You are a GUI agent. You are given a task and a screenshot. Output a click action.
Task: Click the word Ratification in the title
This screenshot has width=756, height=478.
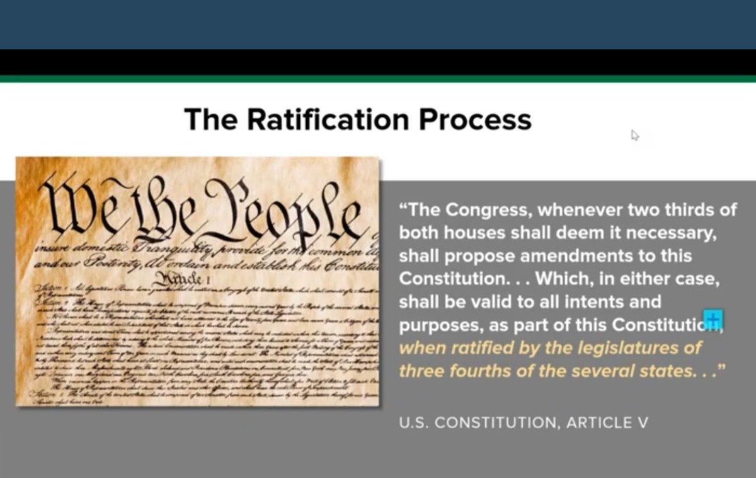coord(337,119)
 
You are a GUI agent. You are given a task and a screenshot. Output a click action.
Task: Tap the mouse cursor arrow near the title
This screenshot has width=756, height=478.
coord(634,135)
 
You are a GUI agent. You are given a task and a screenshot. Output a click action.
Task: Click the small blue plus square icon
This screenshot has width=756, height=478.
coord(713,319)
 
